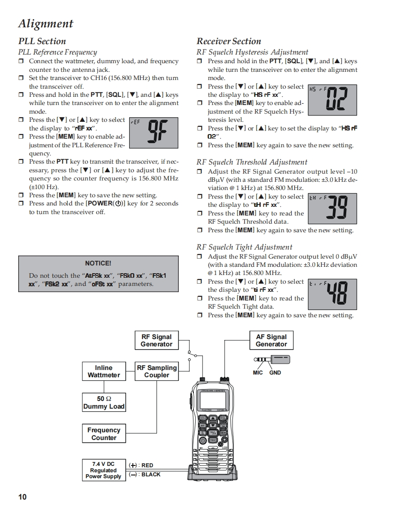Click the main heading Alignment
[x=45, y=23]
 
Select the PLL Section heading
[x=42, y=41]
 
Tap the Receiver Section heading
[x=229, y=41]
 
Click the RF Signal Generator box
[x=156, y=340]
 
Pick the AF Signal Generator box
[x=271, y=340]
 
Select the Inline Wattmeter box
[x=104, y=371]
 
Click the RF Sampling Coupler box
[x=157, y=371]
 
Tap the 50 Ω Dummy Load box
[x=104, y=403]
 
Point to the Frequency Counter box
[x=104, y=434]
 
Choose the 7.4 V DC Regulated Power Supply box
[x=103, y=470]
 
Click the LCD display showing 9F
[x=153, y=132]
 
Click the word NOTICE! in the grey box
[x=98, y=263]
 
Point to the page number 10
[x=22, y=497]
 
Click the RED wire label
[x=147, y=465]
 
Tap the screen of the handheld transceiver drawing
[x=212, y=400]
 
